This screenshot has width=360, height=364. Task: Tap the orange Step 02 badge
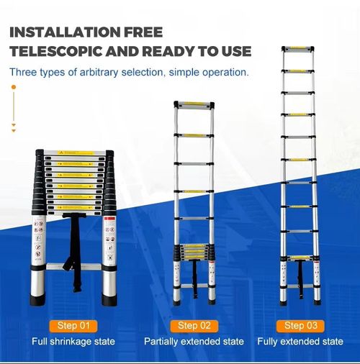[193, 325]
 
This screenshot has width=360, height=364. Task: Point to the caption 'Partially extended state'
[194, 341]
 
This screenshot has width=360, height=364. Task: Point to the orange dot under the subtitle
[13, 87]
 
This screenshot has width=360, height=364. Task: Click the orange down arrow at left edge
[13, 128]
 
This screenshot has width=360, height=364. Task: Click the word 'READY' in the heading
[181, 52]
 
